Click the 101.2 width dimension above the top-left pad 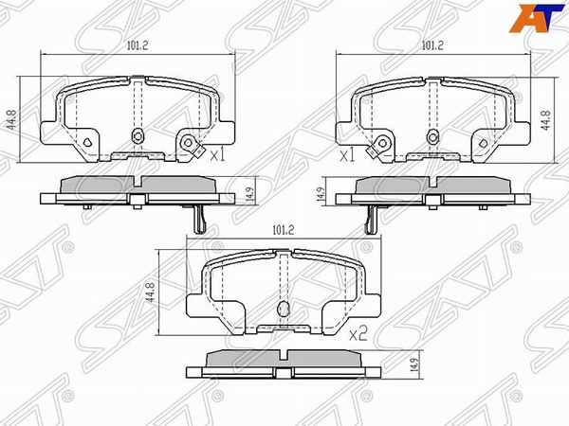138,44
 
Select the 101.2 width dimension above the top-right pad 432,44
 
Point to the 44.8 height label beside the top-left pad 13,120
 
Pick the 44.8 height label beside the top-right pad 558,120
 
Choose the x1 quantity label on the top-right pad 347,152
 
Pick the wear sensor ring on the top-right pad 382,143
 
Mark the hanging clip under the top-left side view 199,220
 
